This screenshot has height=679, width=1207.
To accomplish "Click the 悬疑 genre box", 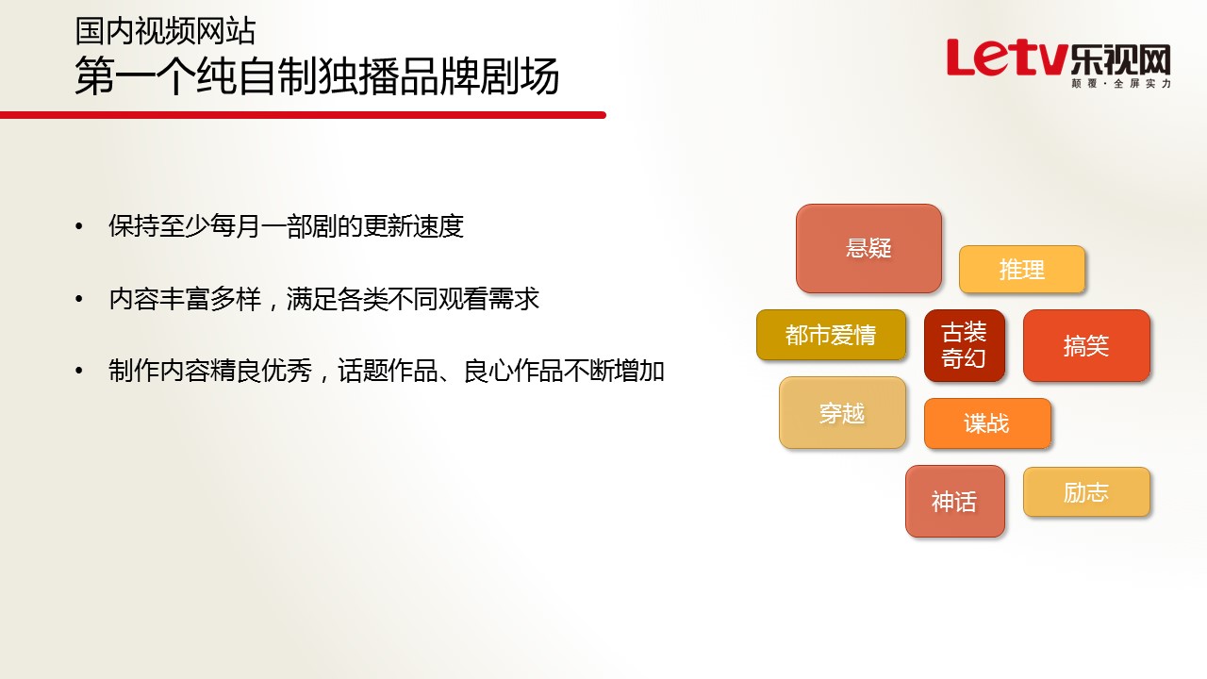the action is (868, 248).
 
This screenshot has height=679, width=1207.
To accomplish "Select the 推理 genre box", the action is (1021, 270).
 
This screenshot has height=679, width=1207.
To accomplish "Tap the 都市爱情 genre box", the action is (831, 335).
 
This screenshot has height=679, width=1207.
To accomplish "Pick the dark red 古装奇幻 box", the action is (964, 345).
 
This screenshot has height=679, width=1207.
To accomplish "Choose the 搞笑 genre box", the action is (1086, 345).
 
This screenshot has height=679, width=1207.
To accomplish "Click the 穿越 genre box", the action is (842, 413).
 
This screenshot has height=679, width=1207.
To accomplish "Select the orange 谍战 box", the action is (987, 423).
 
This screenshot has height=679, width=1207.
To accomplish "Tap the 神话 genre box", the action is (955, 501).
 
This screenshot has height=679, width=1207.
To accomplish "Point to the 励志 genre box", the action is (1086, 492).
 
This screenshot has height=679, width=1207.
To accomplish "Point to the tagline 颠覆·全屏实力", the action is (1121, 84).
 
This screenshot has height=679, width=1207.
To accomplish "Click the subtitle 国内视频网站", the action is (165, 31).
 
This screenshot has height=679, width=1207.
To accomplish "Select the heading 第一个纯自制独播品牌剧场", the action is (317, 76).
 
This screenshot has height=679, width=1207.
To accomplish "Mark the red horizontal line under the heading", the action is (303, 115).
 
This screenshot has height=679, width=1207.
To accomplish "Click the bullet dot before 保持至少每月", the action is (79, 226).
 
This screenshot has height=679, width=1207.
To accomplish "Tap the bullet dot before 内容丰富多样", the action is (79, 299).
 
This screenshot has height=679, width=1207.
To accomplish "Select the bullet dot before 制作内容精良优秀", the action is (79, 371).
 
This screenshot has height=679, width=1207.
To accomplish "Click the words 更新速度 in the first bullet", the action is (413, 225).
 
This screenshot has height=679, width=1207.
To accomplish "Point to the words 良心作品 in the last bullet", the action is (514, 371).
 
